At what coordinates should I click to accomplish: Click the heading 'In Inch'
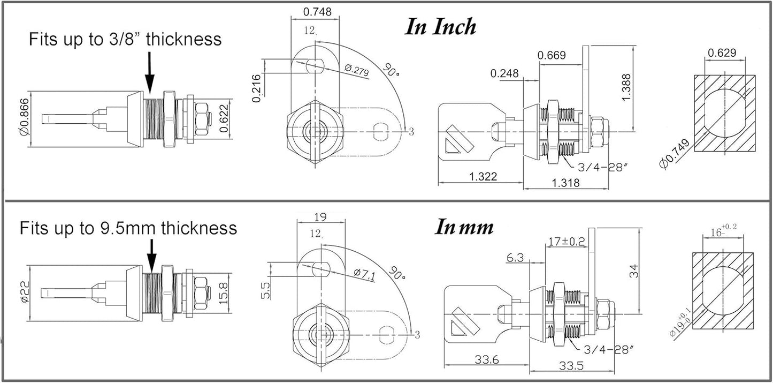coord(440,27)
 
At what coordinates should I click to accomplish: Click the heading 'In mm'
coord(464,227)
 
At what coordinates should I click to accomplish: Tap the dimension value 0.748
coord(317,12)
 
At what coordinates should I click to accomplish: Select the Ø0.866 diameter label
coord(25,117)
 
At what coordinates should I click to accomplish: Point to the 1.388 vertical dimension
coord(626,87)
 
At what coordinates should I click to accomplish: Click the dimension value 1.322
coord(483,177)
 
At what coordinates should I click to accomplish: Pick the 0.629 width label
coord(722,53)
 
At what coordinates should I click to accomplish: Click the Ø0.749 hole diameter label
coord(675,154)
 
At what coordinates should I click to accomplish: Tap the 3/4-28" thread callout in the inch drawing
coord(602,168)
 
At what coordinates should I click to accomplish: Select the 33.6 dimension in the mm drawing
coord(487,360)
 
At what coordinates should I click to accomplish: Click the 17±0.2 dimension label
coord(567,242)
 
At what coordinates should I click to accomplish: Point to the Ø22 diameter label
coord(25,291)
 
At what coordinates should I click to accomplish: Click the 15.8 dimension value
coord(224,293)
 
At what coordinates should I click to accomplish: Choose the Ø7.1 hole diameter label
coord(365,274)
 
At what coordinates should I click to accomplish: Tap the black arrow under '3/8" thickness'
coord(149,72)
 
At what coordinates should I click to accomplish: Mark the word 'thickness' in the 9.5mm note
coord(199,228)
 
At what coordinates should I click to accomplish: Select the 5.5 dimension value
coord(266,290)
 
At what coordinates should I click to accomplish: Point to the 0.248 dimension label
coord(504,73)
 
